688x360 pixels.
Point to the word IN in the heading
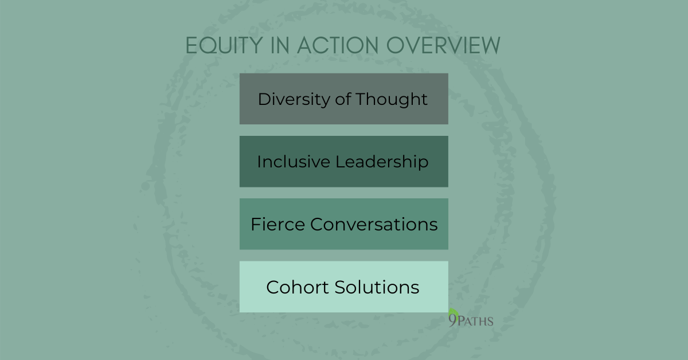click(x=271, y=45)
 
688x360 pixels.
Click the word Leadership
click(x=382, y=162)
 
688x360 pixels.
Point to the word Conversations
click(x=374, y=224)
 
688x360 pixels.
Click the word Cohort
click(x=292, y=287)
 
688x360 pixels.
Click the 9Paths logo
click(x=470, y=320)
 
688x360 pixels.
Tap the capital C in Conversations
click(x=317, y=224)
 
